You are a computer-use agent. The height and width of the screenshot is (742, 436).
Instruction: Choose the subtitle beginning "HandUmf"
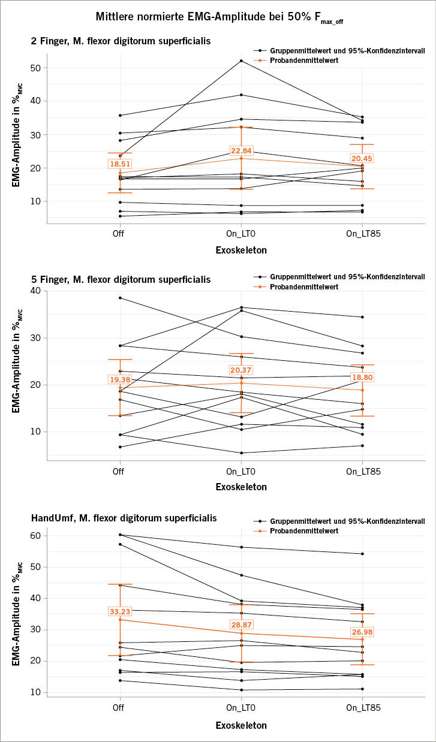click(124, 517)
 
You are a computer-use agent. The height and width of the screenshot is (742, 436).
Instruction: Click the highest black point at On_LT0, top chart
click(241, 61)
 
